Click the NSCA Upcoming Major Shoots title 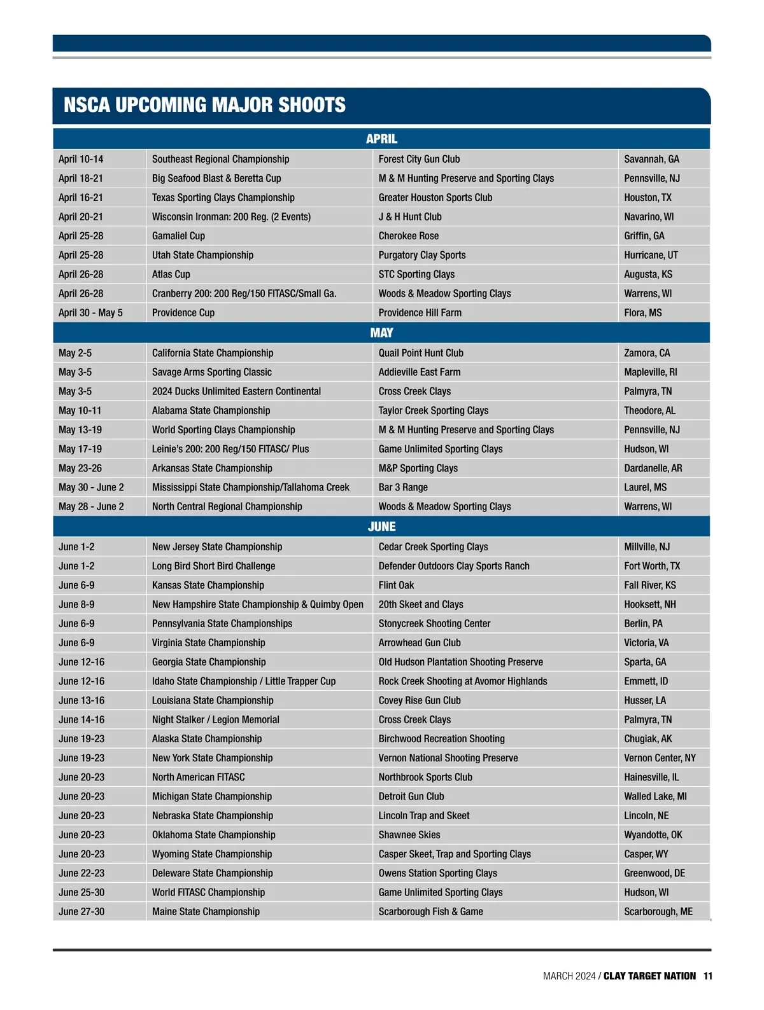coord(204,105)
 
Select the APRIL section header coord(381,139)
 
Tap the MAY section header coord(381,333)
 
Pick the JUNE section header coord(381,527)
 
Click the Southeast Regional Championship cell coord(220,159)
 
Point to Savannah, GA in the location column coord(651,159)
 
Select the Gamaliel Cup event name coord(178,236)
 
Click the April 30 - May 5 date coord(90,313)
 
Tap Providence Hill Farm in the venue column coord(420,313)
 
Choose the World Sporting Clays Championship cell coord(223,430)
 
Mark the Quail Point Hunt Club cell coord(421,353)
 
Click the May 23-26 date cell coord(80,468)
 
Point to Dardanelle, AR coord(653,468)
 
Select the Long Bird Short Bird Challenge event coord(213,566)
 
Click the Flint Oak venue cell coord(396,585)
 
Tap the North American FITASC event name coord(198,777)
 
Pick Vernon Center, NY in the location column coord(660,758)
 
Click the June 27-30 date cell coord(81,911)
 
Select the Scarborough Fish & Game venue coord(430,911)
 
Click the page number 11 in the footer coord(708,976)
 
